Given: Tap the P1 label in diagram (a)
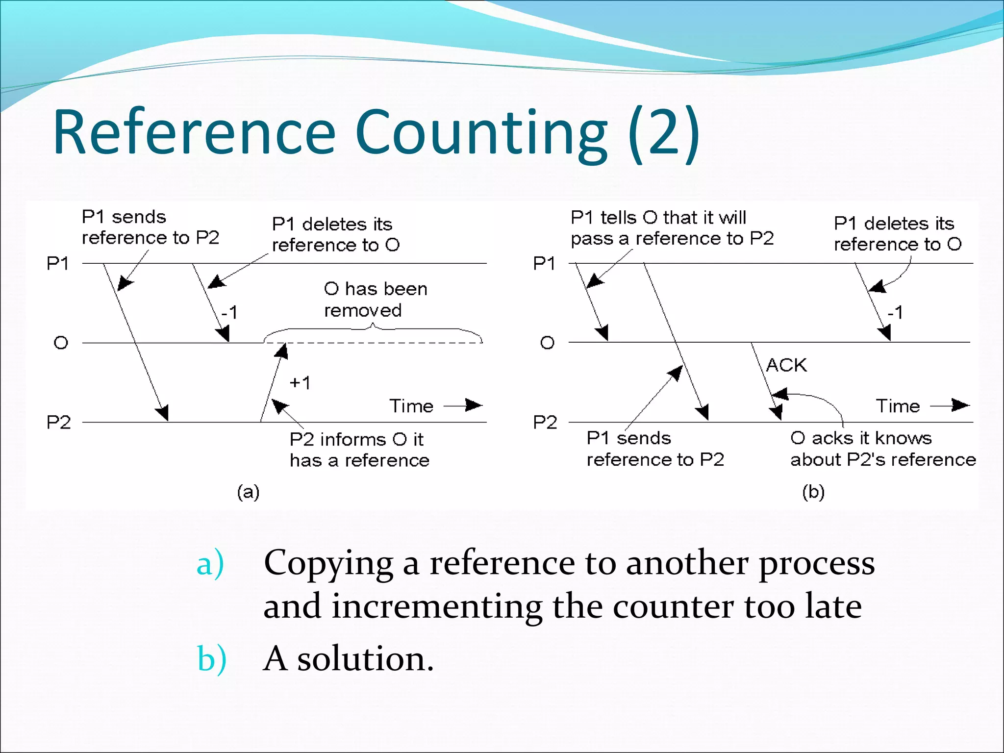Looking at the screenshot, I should pos(58,264).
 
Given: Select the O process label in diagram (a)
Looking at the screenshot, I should pos(60,343).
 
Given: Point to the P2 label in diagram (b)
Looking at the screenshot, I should pos(545,422).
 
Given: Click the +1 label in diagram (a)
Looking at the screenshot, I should pos(300,383).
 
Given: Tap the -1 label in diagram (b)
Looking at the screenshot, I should pos(895,312).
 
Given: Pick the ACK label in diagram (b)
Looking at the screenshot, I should pos(786,365).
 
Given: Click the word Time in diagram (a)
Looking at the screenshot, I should pos(411,406).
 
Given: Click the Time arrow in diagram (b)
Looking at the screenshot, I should pos(950,405).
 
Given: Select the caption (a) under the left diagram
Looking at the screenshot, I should pos(248,492).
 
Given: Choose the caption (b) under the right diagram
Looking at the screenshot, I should pos(813,492).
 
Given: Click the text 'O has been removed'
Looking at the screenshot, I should pos(376,300).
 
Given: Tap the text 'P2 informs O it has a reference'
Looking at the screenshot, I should pos(359,450).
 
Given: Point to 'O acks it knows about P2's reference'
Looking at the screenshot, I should pos(882,449).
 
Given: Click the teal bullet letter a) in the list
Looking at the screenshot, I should pos(210,564).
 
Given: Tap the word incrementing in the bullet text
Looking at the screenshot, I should pos(437,607).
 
